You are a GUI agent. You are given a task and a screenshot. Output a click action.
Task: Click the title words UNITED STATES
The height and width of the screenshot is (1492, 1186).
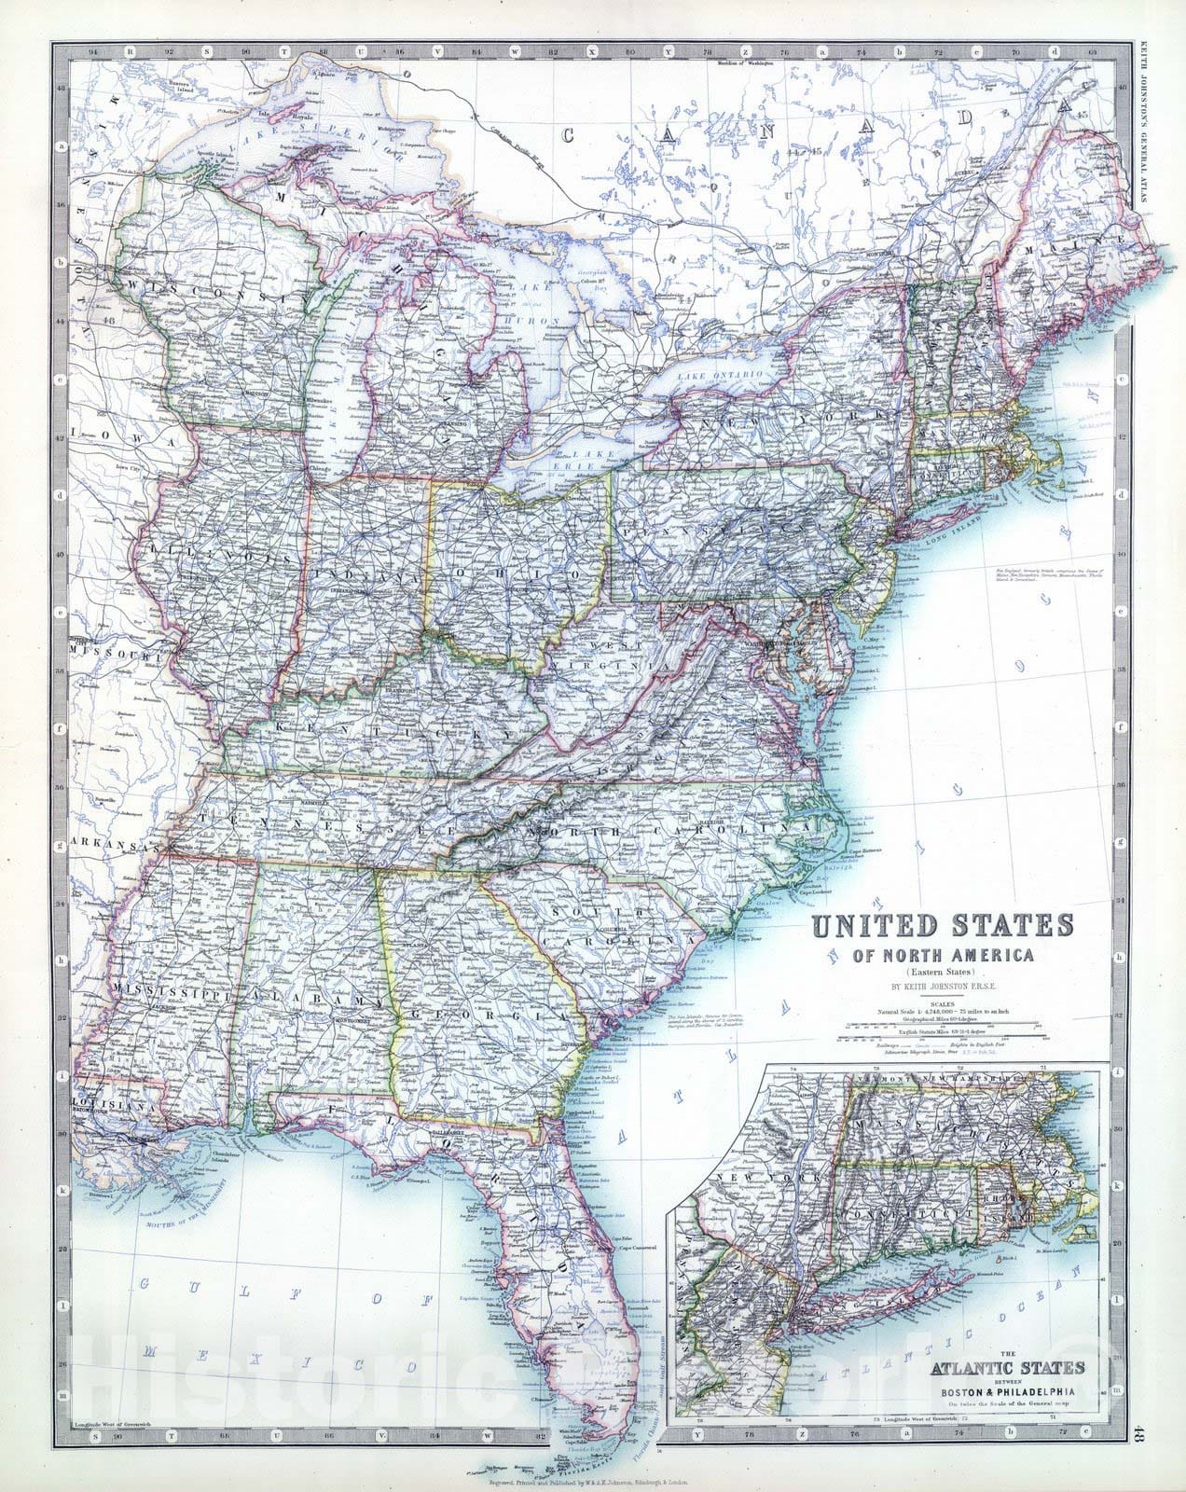[943, 926]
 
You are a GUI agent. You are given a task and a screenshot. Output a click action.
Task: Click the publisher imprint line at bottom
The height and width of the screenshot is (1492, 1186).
[593, 1480]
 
